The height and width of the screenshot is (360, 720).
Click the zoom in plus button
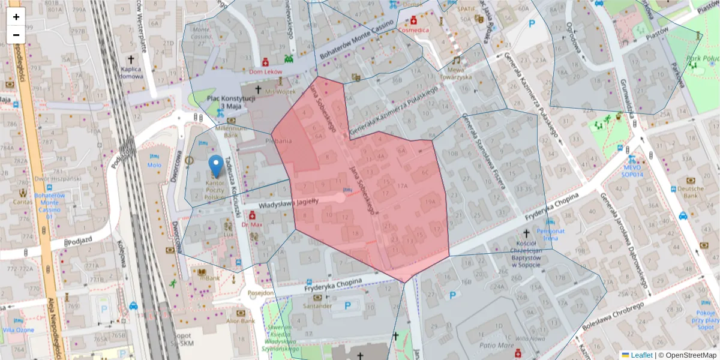[x=16, y=17]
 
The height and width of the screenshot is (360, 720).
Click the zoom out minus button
[x=16, y=35]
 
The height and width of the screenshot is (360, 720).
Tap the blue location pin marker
[x=215, y=164]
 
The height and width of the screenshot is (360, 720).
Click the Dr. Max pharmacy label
[x=253, y=224]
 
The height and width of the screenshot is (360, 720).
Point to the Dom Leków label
[x=265, y=71]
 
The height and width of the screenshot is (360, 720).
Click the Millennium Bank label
[x=231, y=131]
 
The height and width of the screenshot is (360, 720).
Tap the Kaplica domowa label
[x=131, y=72]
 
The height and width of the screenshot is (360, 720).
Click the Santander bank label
[x=317, y=305]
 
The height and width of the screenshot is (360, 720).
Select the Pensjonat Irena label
[x=551, y=234]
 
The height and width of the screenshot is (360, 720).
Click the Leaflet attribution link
[x=641, y=355]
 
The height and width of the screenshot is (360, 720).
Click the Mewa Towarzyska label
[x=455, y=73]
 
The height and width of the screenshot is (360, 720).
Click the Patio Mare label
[x=492, y=346]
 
